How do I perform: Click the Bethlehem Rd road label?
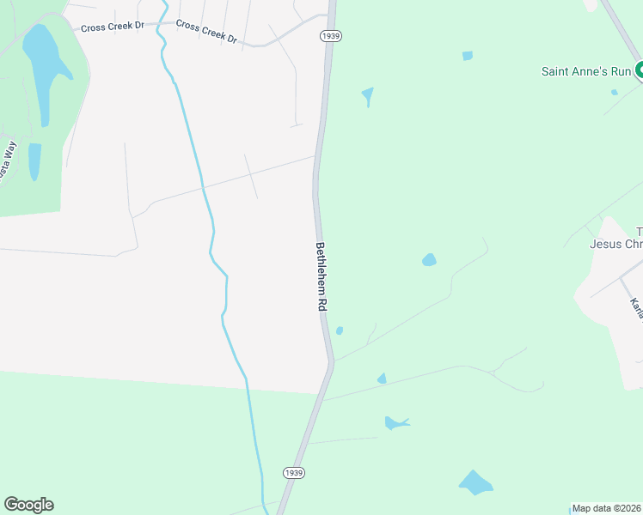[x=321, y=277]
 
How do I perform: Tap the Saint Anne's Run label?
[x=586, y=71]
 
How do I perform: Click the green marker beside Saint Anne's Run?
[x=639, y=71]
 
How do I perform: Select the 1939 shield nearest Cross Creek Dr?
[x=330, y=35]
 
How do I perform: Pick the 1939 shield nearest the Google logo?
[x=293, y=473]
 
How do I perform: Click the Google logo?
[x=28, y=505]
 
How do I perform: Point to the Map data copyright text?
[x=607, y=508]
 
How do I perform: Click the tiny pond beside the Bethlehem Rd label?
[x=340, y=330]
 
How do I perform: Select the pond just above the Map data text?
[x=475, y=482]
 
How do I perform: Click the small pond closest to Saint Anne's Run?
[x=615, y=92]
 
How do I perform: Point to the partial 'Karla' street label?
[x=636, y=308]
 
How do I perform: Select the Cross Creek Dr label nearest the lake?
[x=113, y=27]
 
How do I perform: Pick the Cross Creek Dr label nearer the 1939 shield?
[x=206, y=32]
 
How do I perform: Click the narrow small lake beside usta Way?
[x=34, y=161]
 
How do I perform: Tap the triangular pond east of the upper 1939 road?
[x=368, y=94]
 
